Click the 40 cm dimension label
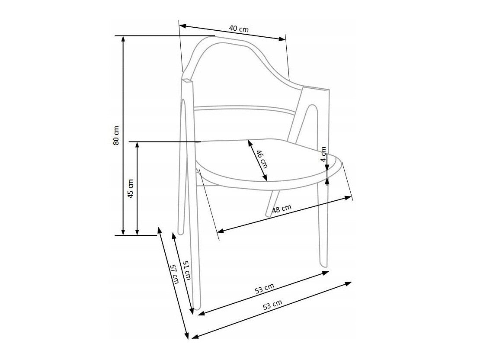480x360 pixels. [x=239, y=29]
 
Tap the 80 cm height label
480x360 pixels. [x=116, y=135]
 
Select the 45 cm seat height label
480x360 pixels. [x=131, y=189]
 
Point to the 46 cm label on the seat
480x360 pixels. [x=262, y=159]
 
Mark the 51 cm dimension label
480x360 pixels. [x=186, y=270]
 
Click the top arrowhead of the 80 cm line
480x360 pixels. [x=123, y=39]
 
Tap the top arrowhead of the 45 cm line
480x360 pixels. [x=137, y=145]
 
